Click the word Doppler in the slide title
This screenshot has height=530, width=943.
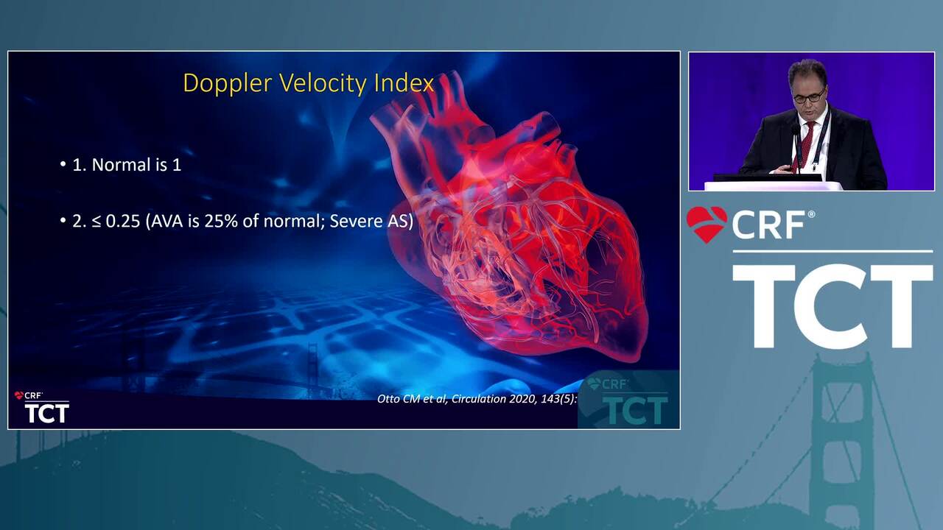pyautogui.click(x=228, y=84)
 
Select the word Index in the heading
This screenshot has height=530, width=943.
pyautogui.click(x=404, y=83)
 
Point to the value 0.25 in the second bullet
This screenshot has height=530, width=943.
pyautogui.click(x=122, y=222)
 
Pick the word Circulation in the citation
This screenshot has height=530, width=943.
pyautogui.click(x=478, y=399)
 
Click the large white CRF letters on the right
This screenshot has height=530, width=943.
pyautogui.click(x=768, y=225)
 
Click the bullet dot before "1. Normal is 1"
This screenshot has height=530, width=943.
pyautogui.click(x=63, y=164)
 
